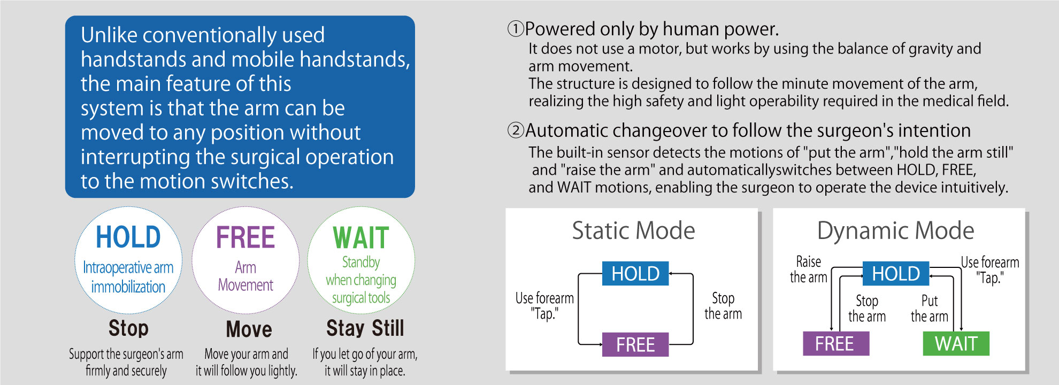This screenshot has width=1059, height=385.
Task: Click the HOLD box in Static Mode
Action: pos(635,273)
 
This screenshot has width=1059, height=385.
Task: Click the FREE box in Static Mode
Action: pos(635,344)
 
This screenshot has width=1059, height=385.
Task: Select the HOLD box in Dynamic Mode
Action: pos(896,273)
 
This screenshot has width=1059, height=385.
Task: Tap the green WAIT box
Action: pos(956,343)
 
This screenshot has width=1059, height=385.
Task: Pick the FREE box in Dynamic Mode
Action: pos(836,343)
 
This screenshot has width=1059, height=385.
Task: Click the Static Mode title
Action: pos(633,230)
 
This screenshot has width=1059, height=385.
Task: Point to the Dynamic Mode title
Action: pos(895,231)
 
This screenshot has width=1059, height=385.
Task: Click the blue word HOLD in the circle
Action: pos(128,237)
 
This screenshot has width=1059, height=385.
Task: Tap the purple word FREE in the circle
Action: pos(245,237)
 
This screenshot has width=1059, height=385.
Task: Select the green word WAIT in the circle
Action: pos(361,238)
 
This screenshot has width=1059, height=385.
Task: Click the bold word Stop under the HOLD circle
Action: pos(128,328)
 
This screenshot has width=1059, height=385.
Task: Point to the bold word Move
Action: pos(249,329)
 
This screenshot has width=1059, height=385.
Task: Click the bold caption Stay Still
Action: pos(365,328)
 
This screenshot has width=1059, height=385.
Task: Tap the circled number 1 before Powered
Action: pos(516,29)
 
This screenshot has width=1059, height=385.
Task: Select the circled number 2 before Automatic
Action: pos(516,130)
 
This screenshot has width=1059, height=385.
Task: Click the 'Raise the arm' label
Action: pos(809,269)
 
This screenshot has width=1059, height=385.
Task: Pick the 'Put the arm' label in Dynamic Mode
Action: pos(930,309)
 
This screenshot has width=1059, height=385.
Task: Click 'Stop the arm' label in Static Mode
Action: pos(723,306)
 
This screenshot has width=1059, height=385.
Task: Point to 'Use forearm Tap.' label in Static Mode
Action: pos(544,306)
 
